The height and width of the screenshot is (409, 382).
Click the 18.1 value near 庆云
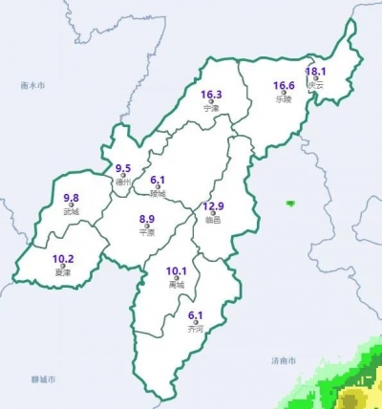click(316, 72)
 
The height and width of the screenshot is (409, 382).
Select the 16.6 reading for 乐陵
click(284, 86)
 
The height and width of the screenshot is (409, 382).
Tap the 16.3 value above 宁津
click(212, 96)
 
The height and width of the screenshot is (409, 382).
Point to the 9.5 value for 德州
click(123, 168)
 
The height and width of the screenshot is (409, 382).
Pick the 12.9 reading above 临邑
click(214, 206)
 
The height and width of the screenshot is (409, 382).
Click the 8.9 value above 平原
click(147, 219)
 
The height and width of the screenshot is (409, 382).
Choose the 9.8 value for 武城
click(71, 198)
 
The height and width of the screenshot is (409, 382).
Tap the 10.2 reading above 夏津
click(63, 259)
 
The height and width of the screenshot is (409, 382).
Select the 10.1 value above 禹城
click(176, 271)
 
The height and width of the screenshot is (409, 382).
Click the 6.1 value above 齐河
click(196, 316)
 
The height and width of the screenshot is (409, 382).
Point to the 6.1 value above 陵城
click(159, 180)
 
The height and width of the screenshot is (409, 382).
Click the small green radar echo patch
click(289, 203)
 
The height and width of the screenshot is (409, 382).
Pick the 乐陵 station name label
click(283, 98)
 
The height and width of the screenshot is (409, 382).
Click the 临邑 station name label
click(213, 221)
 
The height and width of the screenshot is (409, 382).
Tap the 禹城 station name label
click(176, 285)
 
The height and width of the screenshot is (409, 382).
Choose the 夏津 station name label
click(63, 272)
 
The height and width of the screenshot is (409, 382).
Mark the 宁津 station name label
click(212, 109)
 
